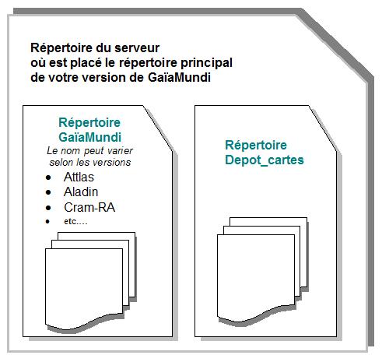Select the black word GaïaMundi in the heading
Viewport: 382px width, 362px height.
click(179, 77)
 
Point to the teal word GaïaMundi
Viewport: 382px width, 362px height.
click(90, 137)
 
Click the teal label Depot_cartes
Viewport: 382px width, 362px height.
click(265, 160)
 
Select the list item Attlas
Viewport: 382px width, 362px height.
click(79, 177)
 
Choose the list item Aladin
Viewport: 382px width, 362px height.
click(81, 192)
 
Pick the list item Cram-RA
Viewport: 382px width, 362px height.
click(89, 207)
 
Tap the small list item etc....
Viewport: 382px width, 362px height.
click(75, 221)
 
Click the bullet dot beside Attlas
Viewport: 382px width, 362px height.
click(48, 177)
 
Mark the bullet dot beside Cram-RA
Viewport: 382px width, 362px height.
click(48, 208)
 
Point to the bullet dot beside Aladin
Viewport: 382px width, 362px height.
click(48, 192)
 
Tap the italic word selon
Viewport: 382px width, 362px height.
click(58, 163)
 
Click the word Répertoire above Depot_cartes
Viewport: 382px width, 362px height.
click(256, 145)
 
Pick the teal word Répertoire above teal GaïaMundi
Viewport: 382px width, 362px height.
click(89, 123)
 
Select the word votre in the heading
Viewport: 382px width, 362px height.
click(63, 78)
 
